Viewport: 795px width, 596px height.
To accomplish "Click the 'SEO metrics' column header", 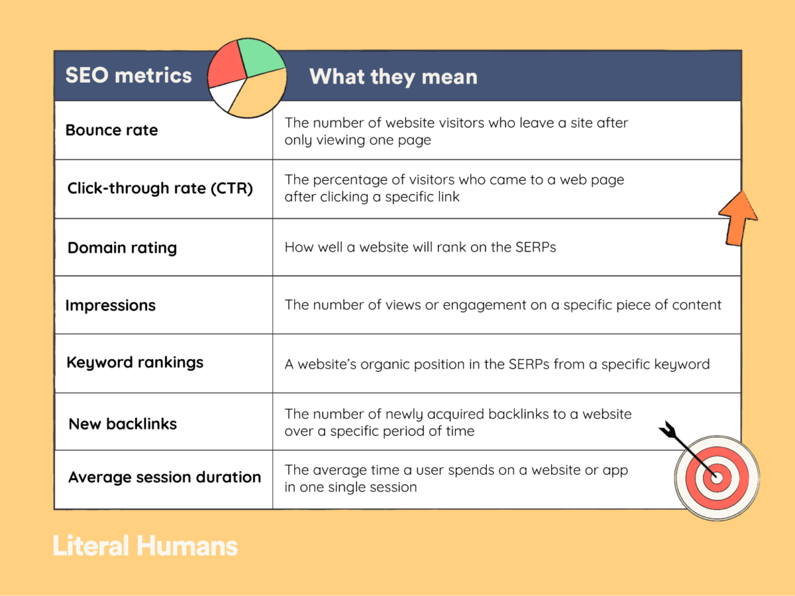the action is [129, 75].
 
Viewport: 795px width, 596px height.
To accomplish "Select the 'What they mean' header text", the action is [394, 77].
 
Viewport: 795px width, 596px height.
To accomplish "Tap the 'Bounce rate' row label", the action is [111, 130].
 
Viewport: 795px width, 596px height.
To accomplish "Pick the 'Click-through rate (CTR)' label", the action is [160, 188].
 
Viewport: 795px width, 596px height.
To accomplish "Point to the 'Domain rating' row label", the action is [122, 248].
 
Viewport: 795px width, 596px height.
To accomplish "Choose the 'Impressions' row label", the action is [111, 306].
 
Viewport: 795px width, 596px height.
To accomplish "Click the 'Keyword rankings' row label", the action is [134, 363].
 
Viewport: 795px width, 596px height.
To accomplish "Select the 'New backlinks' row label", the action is [123, 424].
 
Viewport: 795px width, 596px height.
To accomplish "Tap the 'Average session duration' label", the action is [164, 477].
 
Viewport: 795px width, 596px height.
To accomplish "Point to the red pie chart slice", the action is [227, 65].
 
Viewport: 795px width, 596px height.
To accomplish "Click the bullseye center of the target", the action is [717, 478].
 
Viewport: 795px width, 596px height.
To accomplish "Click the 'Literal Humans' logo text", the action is [145, 546].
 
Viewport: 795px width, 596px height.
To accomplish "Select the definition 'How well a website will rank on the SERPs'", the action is [420, 247].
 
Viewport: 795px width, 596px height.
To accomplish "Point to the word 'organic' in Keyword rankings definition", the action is [385, 365].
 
